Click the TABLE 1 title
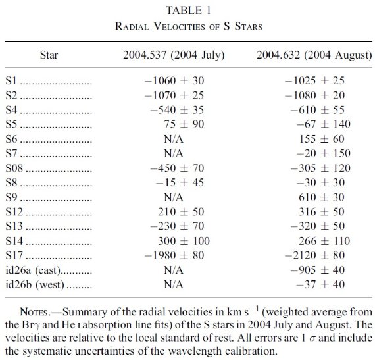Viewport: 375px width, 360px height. click(x=188, y=11)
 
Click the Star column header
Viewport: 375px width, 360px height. click(x=49, y=55)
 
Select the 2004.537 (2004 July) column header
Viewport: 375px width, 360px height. click(x=174, y=55)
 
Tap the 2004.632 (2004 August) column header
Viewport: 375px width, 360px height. click(x=314, y=55)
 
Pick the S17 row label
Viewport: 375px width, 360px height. click(x=14, y=255)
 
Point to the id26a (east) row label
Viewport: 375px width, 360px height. click(x=33, y=270)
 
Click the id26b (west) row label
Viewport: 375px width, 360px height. click(x=35, y=285)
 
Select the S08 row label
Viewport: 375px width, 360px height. click(x=14, y=168)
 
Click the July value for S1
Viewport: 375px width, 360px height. click(x=174, y=80)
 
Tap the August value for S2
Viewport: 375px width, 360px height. click(x=314, y=95)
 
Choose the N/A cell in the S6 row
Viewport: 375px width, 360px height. click(x=174, y=139)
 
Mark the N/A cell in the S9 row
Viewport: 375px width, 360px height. click(x=174, y=197)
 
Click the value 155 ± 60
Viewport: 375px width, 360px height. click(x=322, y=139)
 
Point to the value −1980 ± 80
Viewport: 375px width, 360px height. click(x=174, y=255)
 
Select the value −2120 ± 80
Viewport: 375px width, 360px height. click(x=314, y=255)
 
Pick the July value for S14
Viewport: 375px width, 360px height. click(x=184, y=241)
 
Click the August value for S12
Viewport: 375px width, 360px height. click(x=322, y=212)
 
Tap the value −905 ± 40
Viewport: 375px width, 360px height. click(x=318, y=270)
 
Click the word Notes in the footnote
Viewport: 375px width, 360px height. click(x=34, y=312)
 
